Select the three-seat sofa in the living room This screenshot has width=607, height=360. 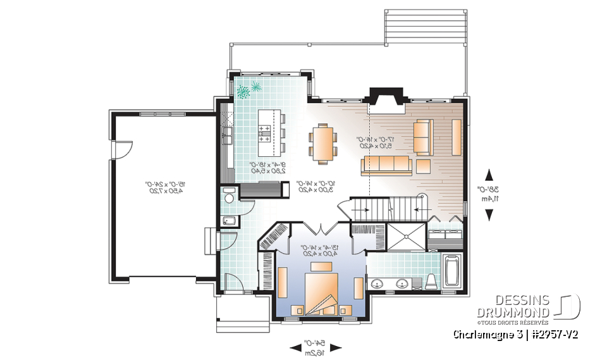386,166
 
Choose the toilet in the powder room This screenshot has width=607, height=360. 229,197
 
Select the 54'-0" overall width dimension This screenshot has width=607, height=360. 316,347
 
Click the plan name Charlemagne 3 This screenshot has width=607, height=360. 484,334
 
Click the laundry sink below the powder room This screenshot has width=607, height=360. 230,221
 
